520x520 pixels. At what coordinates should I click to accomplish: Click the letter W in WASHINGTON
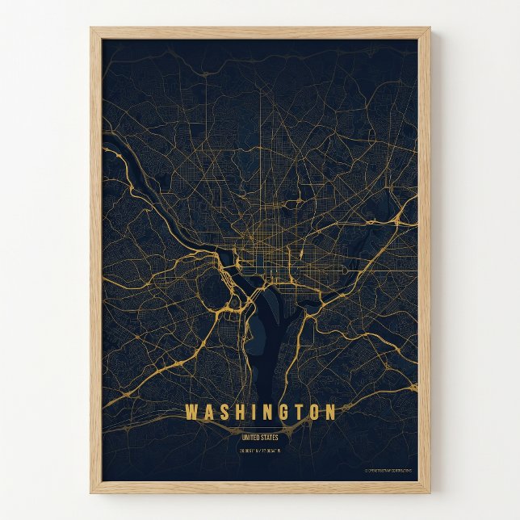click(x=191, y=413)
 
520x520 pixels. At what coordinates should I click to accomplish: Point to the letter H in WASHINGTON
click(x=239, y=413)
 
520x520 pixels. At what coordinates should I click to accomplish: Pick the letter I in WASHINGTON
click(x=253, y=413)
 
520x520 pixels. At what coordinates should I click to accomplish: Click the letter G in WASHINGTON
click(x=281, y=413)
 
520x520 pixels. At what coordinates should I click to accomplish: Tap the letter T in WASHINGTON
click(x=296, y=413)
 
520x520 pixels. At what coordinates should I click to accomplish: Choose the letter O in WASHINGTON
click(x=312, y=413)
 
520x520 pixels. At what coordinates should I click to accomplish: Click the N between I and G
click(x=266, y=413)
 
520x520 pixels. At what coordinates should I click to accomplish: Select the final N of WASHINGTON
click(x=329, y=413)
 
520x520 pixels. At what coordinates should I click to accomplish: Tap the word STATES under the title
click(x=269, y=438)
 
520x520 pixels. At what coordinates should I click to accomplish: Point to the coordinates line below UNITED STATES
click(x=259, y=450)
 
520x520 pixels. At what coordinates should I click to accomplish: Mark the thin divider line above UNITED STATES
click(x=259, y=430)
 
